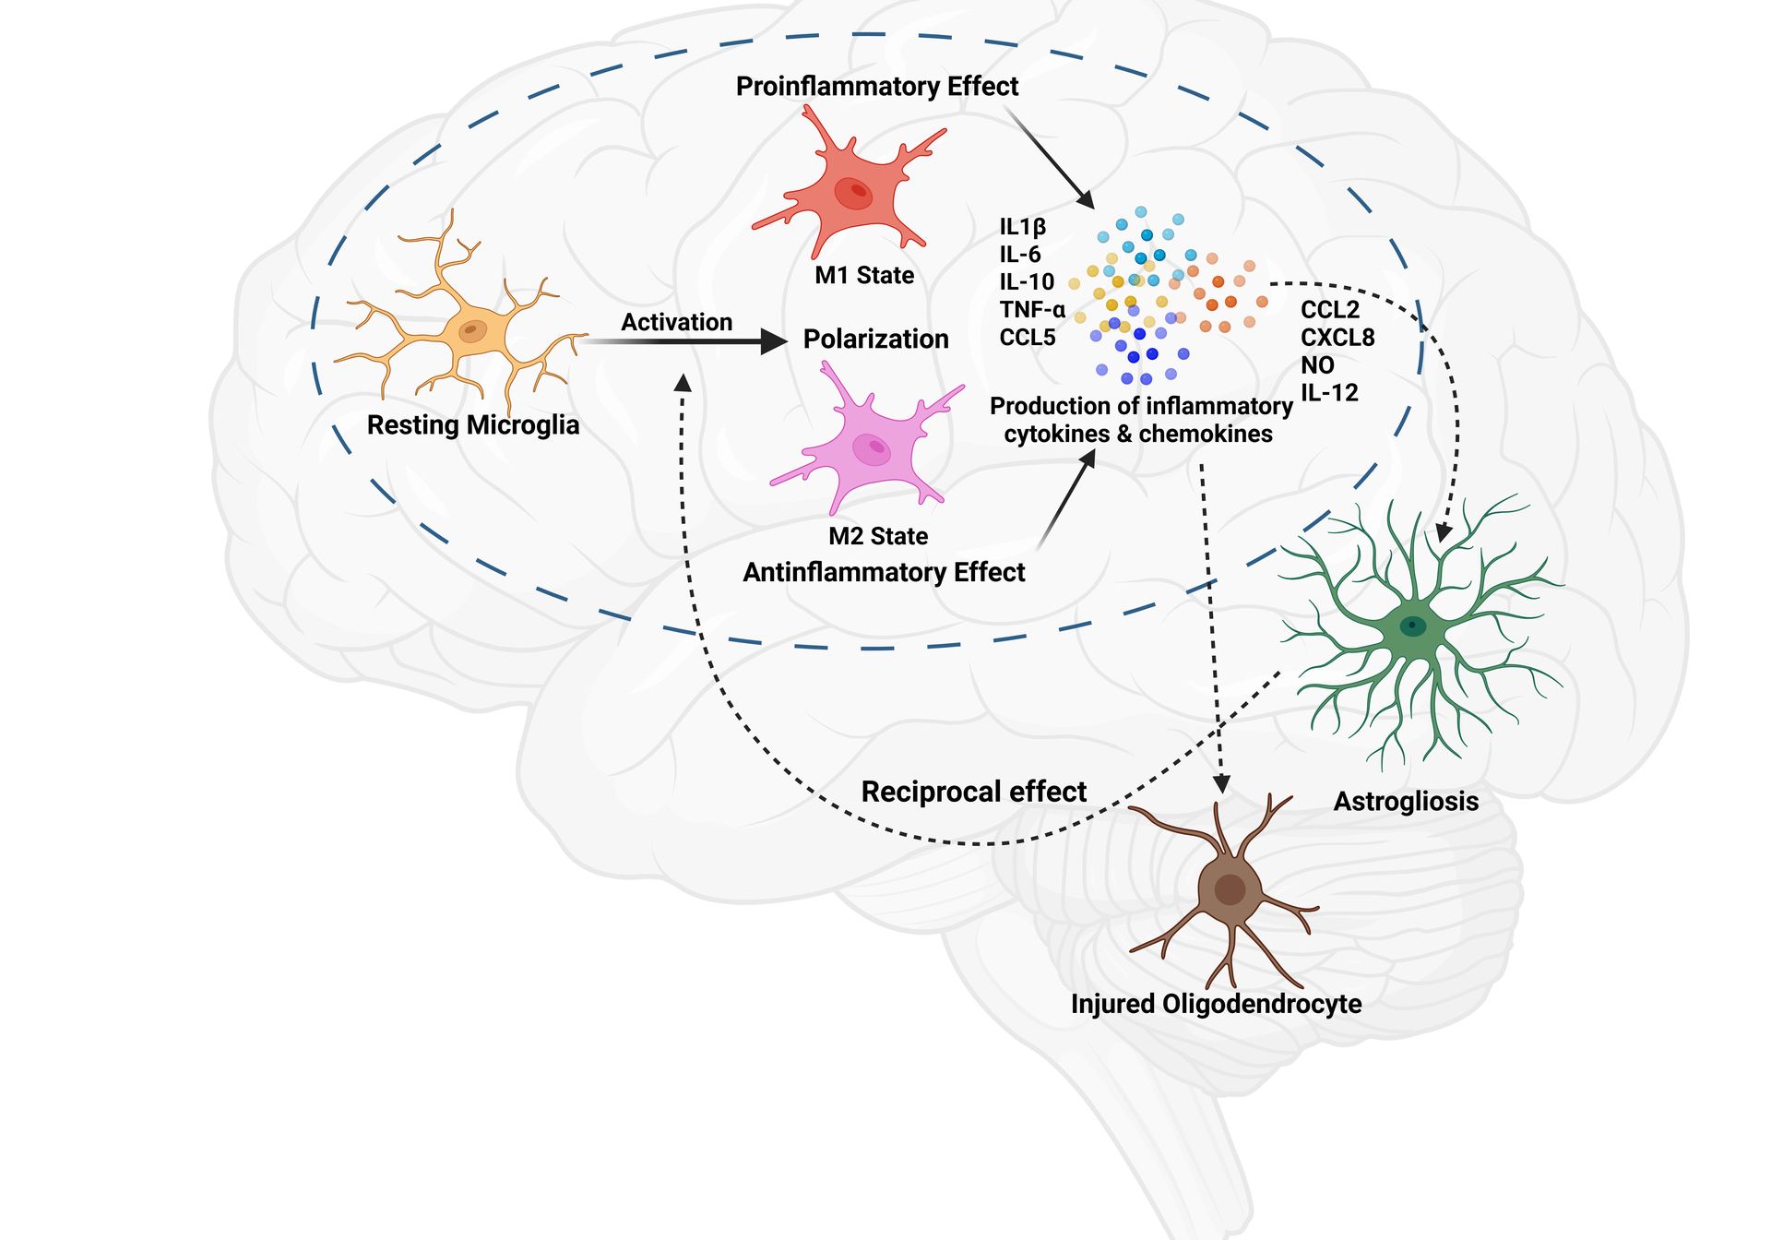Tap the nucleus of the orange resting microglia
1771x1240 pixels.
472,329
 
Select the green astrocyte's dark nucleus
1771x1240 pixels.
1412,626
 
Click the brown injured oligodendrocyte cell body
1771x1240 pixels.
1230,889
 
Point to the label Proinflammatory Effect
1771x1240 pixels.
876,87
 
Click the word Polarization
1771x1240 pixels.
875,339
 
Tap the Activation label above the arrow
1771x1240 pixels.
676,322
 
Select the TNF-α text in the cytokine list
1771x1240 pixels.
1032,310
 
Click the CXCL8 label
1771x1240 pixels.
1337,338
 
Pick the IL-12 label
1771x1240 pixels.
1329,393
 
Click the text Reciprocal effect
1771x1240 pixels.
973,792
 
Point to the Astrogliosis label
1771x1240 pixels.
1406,801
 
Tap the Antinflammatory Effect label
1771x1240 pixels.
884,572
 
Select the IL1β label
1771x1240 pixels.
1022,227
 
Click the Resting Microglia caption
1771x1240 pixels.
473,425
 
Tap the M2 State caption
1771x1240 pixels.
878,536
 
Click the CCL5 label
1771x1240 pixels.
1027,338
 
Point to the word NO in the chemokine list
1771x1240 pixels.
1317,365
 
